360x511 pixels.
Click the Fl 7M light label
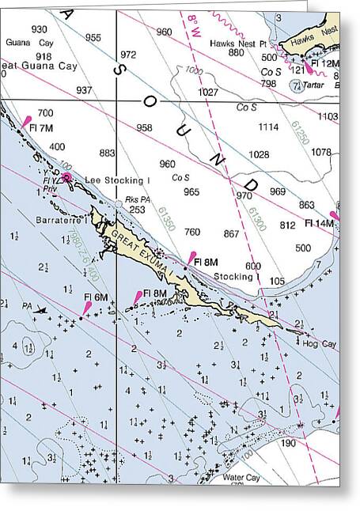tap(40, 128)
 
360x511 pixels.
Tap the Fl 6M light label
tap(95, 297)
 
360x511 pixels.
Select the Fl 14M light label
tap(319, 224)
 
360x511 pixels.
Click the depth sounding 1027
tap(207, 93)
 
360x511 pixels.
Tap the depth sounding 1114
tap(269, 127)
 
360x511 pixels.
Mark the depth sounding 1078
tap(322, 152)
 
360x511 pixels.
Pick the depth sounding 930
tap(39, 29)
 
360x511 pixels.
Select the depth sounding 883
tap(108, 153)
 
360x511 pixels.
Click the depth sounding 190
tap(288, 444)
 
